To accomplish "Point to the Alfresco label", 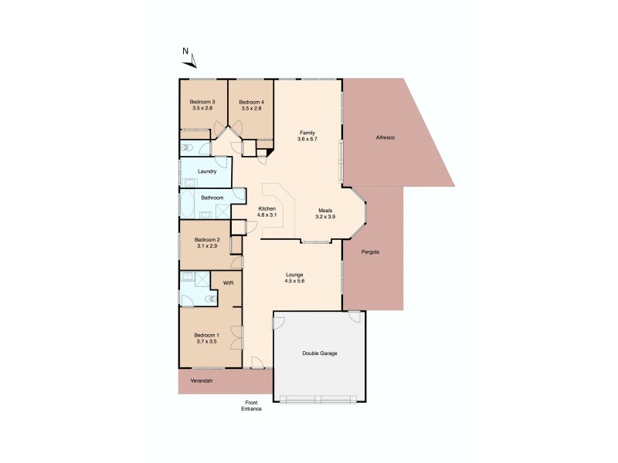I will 385,137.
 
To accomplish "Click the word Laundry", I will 206,171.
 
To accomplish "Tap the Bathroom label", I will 212,198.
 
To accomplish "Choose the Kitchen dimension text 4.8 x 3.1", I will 267,215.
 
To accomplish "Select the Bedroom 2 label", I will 207,240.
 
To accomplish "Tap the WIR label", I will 228,284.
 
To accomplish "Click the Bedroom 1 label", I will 207,334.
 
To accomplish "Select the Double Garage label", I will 319,353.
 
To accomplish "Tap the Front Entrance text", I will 252,405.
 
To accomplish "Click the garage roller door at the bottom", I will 319,399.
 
